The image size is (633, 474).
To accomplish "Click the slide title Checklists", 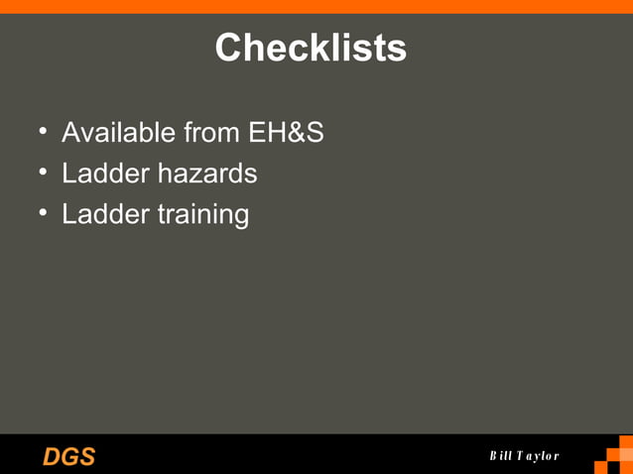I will [311, 48].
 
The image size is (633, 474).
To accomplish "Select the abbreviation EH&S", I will [286, 132].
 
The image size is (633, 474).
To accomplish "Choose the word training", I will [202, 215].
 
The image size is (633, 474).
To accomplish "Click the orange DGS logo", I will [68, 456].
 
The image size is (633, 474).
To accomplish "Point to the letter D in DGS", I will [52, 456].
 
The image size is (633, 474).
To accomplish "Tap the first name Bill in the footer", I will [500, 456].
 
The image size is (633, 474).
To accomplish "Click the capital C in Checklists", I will [229, 48].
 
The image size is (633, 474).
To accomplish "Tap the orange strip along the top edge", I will [316, 6].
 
